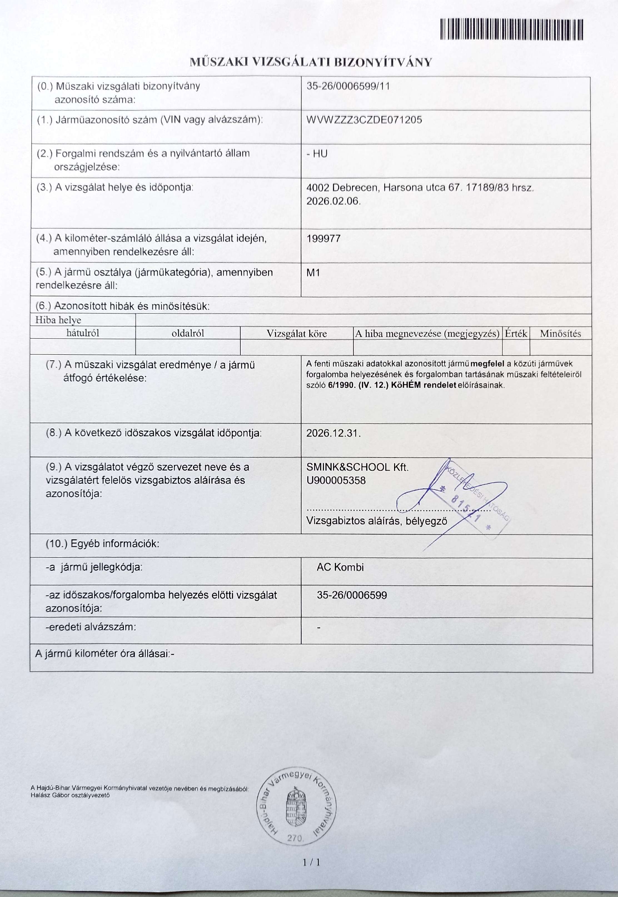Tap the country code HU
pyautogui.click(x=320, y=154)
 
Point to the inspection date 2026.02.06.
pyautogui.click(x=333, y=201)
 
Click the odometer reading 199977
pyautogui.click(x=323, y=238)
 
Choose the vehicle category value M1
pyautogui.click(x=313, y=273)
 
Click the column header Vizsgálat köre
pyautogui.click(x=296, y=333)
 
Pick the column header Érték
pyautogui.click(x=516, y=333)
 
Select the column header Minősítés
pyautogui.click(x=560, y=333)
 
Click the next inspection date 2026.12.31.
pyautogui.click(x=333, y=433)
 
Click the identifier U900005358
pyautogui.click(x=336, y=480)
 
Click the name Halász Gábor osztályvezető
pyautogui.click(x=70, y=795)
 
